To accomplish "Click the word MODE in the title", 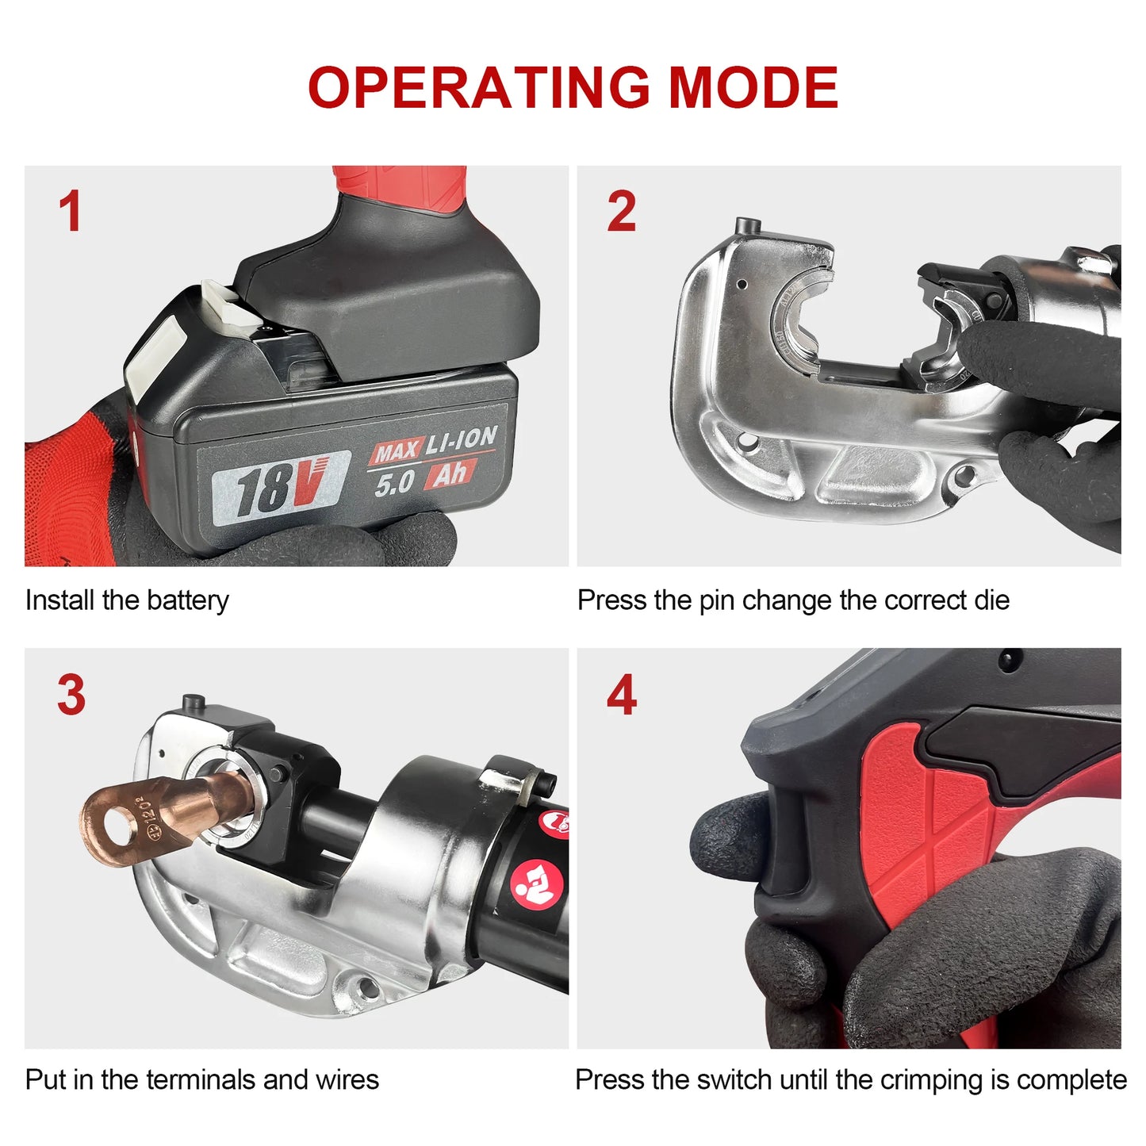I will point(753,87).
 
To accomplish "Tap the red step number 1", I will point(71,212).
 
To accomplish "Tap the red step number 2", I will point(621,212).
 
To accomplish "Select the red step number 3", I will point(71,695).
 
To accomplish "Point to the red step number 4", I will point(621,695).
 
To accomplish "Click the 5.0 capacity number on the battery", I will point(394,482).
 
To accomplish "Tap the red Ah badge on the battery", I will point(450,474).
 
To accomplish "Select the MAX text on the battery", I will point(396,452).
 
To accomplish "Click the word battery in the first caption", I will point(187,600).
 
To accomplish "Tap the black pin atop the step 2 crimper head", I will point(746,227).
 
